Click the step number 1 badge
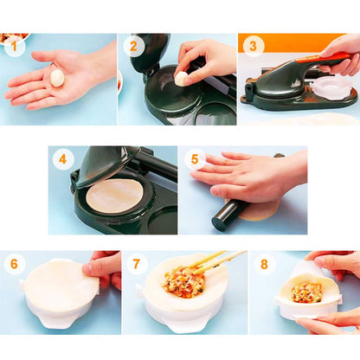(15, 47)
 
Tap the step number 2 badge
(133, 46)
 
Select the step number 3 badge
(253, 46)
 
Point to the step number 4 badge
(63, 159)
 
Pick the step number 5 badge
(195, 159)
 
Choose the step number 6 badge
(14, 264)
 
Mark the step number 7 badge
(136, 264)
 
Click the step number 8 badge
(264, 264)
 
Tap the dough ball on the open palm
(57, 77)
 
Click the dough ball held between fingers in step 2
(181, 79)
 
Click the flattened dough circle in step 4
(114, 196)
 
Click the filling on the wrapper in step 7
(185, 282)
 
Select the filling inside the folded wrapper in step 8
(306, 292)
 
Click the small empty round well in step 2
(215, 113)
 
